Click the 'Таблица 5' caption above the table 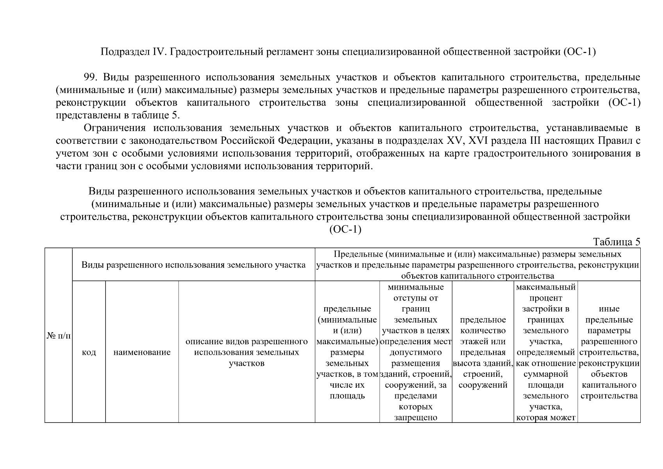617,242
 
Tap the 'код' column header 89,352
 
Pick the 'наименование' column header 142,352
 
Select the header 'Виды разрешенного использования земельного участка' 193,265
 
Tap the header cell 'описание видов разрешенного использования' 247,352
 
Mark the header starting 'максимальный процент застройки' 545,298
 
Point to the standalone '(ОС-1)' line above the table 345,229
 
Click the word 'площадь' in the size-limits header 347,396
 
